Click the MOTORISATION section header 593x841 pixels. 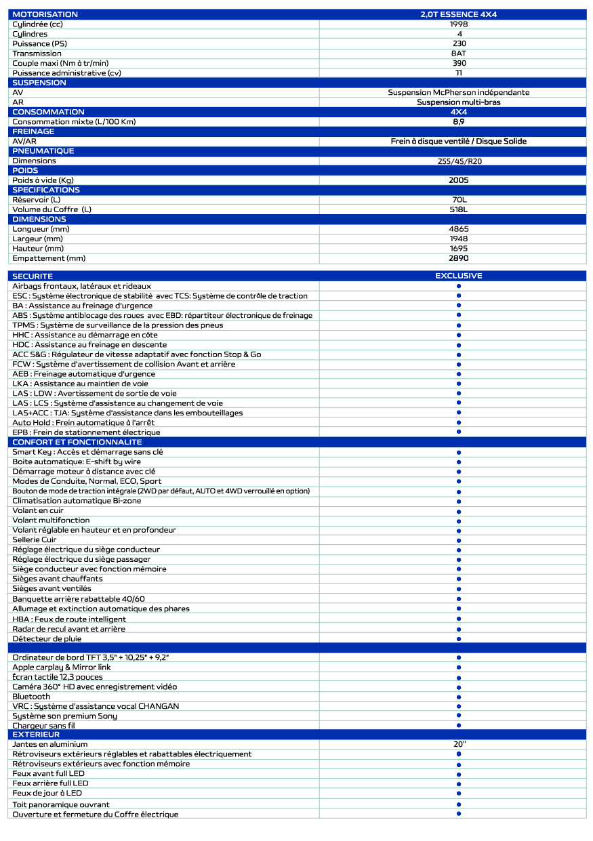(45, 14)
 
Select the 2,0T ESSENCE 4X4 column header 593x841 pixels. (459, 14)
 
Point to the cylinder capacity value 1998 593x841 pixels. (459, 24)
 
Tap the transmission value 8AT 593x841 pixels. (459, 54)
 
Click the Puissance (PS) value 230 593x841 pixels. (459, 43)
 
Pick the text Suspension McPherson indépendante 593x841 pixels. (459, 92)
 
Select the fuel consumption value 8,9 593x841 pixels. (459, 122)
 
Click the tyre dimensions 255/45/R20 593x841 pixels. (459, 161)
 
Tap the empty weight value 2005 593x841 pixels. (459, 180)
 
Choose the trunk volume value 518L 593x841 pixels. (459, 209)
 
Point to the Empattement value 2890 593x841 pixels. (459, 258)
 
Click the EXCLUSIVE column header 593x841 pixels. (459, 276)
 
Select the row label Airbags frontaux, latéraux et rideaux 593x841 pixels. (81, 286)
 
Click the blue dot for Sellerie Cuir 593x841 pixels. (459, 540)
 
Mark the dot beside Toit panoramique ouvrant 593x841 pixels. (459, 804)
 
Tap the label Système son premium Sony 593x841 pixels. (64, 716)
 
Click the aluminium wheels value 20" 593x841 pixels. (459, 744)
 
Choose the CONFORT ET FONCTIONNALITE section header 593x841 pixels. (77, 442)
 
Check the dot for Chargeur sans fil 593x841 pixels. (459, 725)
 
